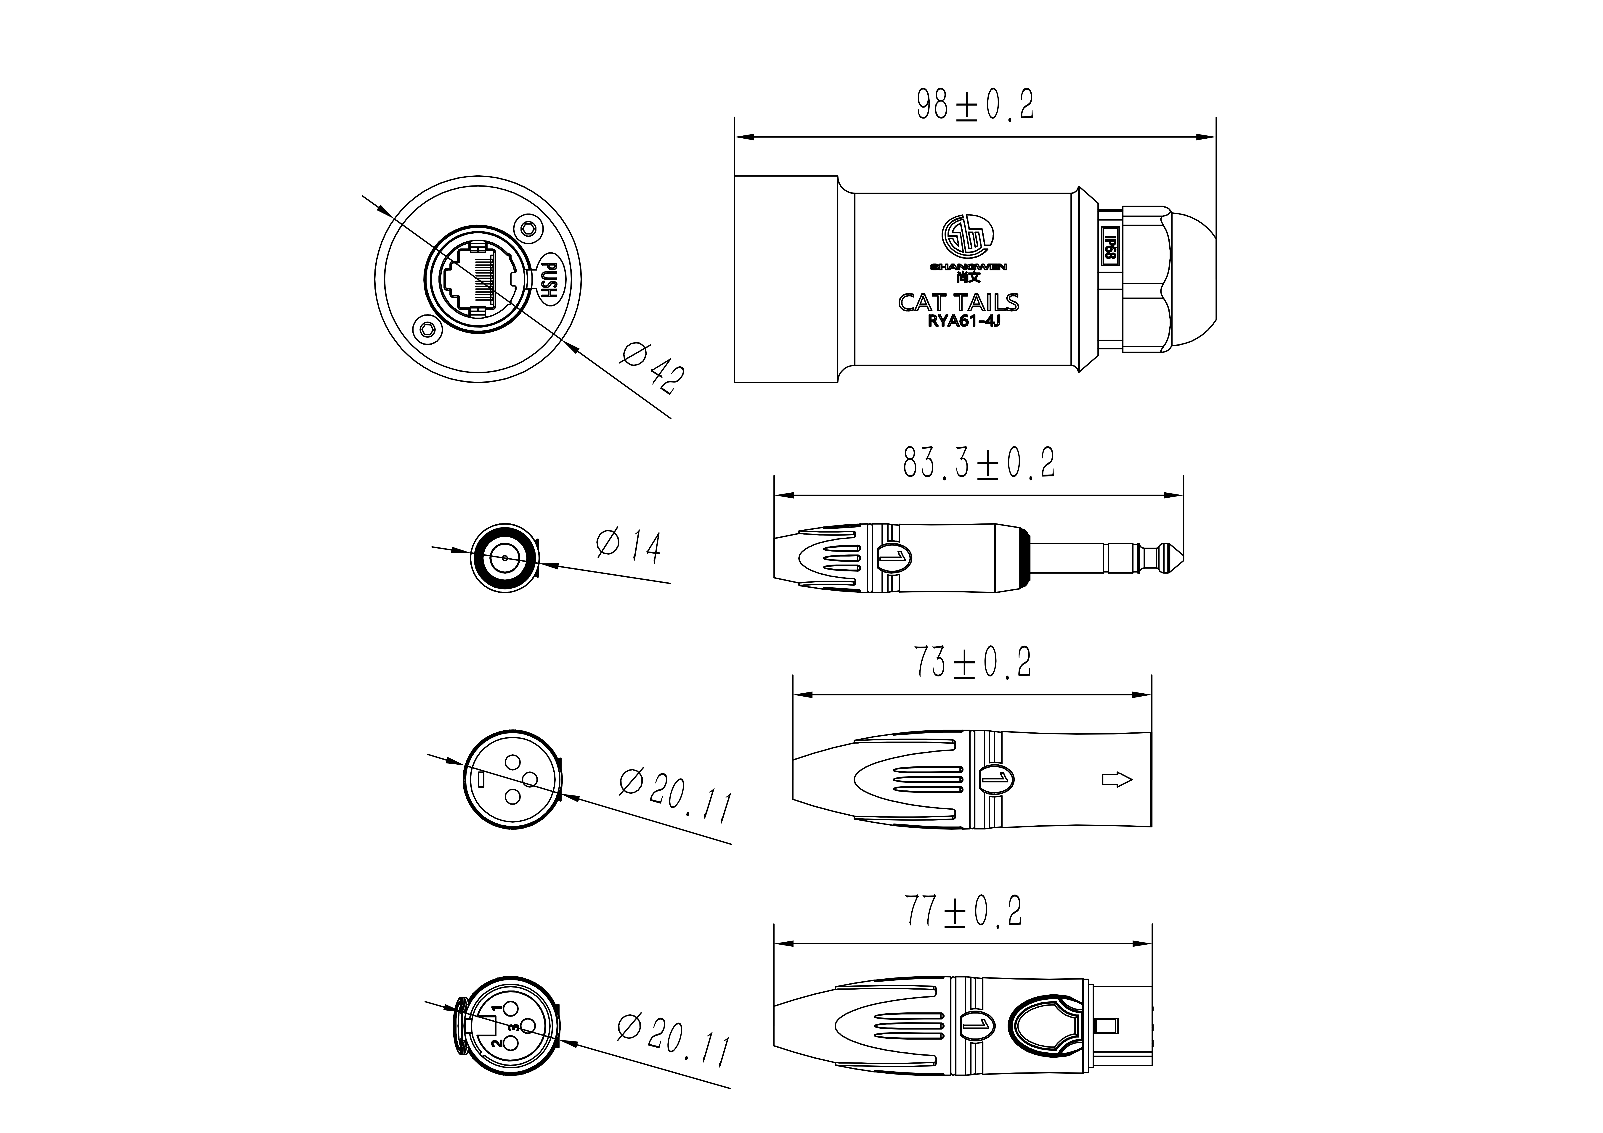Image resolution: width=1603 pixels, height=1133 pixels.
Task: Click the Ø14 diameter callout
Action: coord(628,546)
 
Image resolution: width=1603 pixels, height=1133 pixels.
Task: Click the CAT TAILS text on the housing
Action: coord(958,302)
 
